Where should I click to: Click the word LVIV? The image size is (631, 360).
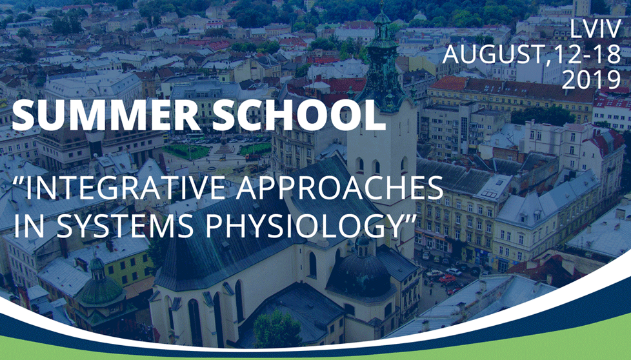coord(596,30)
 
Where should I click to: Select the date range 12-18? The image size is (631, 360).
coord(588,54)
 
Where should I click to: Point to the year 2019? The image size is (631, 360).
coord(591,79)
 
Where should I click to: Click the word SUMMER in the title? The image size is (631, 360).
coord(106,116)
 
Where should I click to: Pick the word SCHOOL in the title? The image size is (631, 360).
coord(299,116)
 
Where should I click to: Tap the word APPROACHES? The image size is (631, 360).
coord(339,188)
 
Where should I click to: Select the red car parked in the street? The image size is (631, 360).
coord(447,278)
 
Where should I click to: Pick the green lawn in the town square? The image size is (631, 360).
coord(186,152)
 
